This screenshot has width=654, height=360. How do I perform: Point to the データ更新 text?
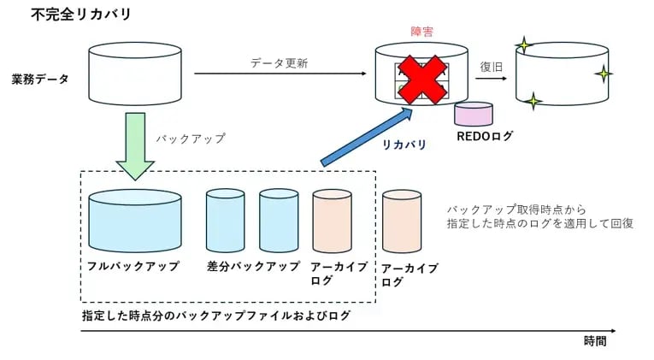(279, 63)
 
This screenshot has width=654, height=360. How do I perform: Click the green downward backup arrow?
(135, 146)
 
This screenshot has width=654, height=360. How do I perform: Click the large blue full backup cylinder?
(135, 221)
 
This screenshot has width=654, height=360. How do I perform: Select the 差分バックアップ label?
(254, 266)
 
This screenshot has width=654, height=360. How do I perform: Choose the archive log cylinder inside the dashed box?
(333, 221)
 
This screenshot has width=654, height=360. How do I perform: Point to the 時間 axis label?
(596, 340)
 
